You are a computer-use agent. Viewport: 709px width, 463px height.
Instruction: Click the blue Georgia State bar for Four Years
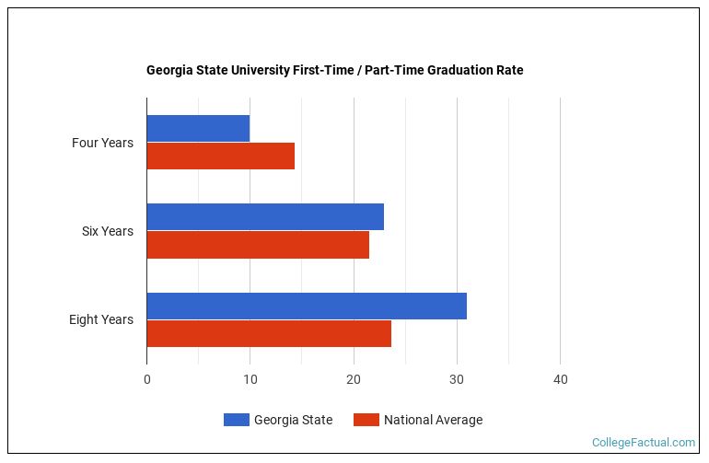pyautogui.click(x=198, y=129)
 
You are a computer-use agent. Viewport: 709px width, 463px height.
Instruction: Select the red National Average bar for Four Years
pyautogui.click(x=221, y=156)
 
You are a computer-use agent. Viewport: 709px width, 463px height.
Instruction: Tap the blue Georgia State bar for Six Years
pyautogui.click(x=265, y=217)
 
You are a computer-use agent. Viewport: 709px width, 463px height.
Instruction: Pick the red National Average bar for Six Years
pyautogui.click(x=258, y=245)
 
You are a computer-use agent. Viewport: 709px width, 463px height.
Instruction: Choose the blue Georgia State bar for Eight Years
pyautogui.click(x=307, y=306)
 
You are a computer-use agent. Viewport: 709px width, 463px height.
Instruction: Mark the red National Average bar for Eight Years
pyautogui.click(x=269, y=333)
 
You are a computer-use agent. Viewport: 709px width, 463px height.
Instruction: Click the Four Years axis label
pyautogui.click(x=102, y=143)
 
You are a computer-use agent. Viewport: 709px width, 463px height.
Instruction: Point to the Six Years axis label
pyautogui.click(x=107, y=231)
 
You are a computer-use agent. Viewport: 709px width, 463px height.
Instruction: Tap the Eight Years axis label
pyautogui.click(x=100, y=319)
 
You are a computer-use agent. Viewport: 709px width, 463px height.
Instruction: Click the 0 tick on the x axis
pyautogui.click(x=147, y=379)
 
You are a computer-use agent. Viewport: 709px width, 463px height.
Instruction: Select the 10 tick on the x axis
pyautogui.click(x=250, y=379)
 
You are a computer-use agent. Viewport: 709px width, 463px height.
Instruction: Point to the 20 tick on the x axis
pyautogui.click(x=354, y=379)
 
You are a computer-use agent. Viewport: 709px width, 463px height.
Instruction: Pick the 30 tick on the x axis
pyautogui.click(x=457, y=379)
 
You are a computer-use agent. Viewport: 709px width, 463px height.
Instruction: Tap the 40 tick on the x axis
pyautogui.click(x=560, y=379)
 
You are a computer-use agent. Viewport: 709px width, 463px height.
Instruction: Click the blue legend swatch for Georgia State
pyautogui.click(x=237, y=420)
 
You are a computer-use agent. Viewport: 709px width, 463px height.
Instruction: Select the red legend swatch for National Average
pyautogui.click(x=366, y=420)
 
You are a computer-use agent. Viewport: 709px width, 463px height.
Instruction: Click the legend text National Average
pyautogui.click(x=433, y=420)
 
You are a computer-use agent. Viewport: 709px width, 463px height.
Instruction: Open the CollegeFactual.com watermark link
pyautogui.click(x=644, y=443)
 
